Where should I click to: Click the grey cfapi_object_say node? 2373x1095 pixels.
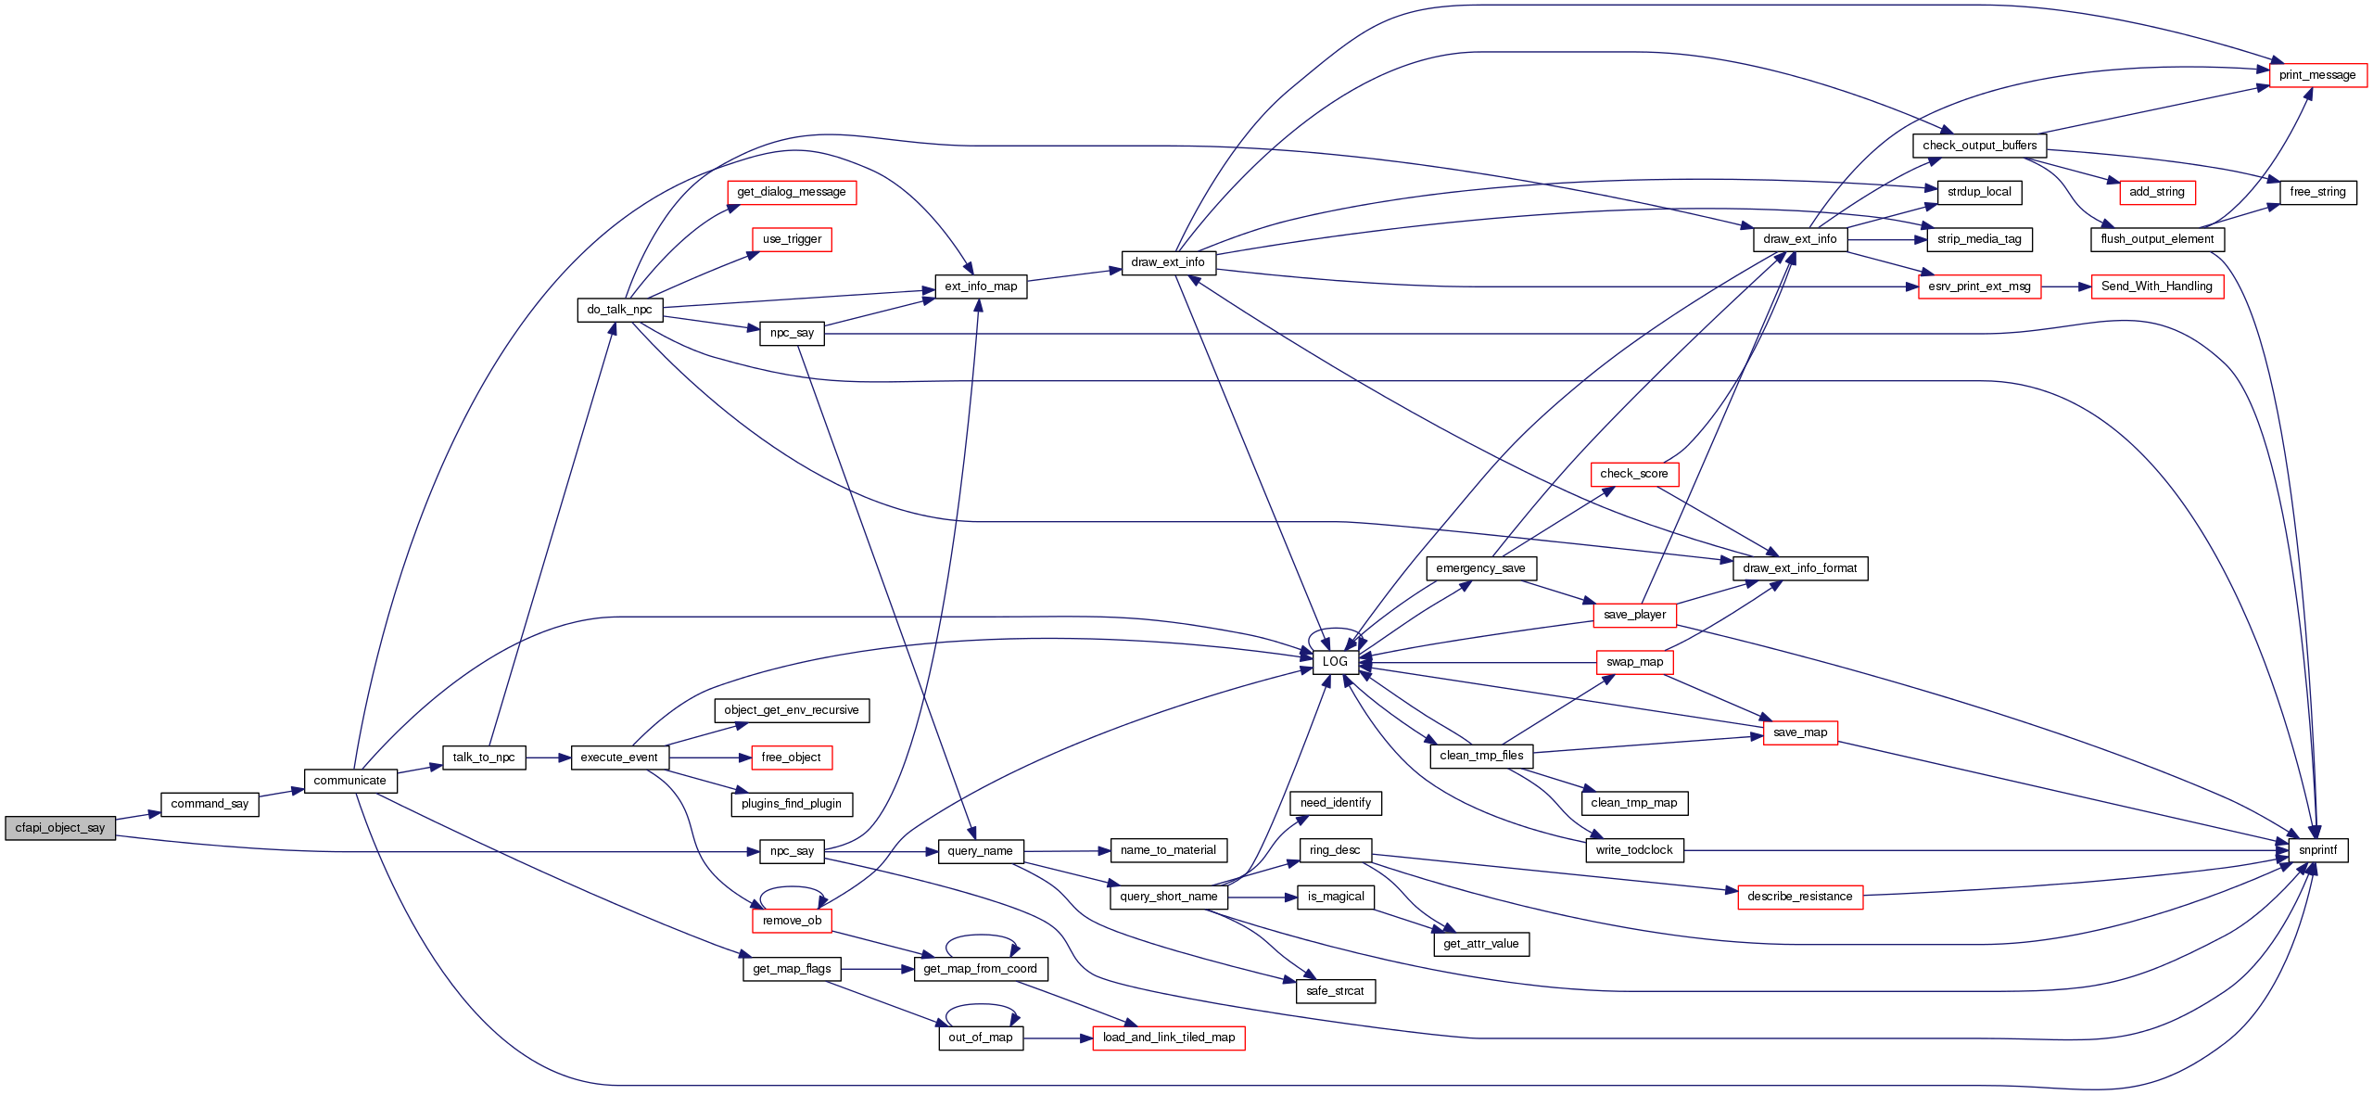pos(60,828)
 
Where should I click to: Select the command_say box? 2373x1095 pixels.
pos(209,804)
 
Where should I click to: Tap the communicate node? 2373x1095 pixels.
pos(350,781)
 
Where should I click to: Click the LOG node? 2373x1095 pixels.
pos(1335,662)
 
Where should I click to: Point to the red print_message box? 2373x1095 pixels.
pos(2317,75)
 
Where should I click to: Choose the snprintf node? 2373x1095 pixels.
pos(2317,850)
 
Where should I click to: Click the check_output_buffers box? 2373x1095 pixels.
pos(1979,146)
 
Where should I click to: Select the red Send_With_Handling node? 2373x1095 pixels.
pos(2157,286)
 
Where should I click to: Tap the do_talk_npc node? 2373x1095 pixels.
pos(619,310)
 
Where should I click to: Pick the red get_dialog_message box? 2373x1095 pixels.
pos(792,192)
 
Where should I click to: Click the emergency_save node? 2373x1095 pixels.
pos(1480,568)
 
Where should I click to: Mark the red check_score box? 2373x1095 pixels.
pos(1633,474)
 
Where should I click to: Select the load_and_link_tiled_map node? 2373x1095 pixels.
pos(1168,1038)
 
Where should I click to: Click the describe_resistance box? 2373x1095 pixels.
pos(1799,897)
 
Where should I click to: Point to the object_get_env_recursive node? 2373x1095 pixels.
pos(792,710)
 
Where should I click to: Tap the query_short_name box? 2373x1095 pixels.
pos(1168,897)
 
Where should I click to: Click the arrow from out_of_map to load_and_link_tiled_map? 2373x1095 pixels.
pos(1058,1038)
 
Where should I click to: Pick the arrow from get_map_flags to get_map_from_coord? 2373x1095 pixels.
pos(877,969)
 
